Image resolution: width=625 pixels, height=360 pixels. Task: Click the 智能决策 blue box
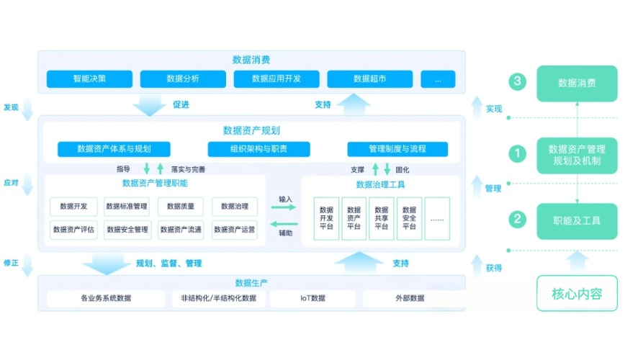[89, 78]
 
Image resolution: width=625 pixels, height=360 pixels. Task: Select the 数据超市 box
[370, 78]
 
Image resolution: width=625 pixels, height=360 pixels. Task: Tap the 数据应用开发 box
[276, 78]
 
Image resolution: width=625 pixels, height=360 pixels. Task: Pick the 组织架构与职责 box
[258, 149]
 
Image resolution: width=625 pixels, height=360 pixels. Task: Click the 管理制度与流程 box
[397, 149]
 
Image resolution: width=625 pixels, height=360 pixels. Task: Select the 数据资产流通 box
[180, 230]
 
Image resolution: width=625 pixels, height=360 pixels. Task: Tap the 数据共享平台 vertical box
[381, 218]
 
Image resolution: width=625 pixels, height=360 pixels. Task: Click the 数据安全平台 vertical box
[409, 218]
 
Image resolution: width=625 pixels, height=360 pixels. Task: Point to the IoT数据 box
[312, 298]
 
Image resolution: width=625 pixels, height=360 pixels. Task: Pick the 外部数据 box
[408, 298]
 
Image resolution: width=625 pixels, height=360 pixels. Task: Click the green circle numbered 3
[516, 82]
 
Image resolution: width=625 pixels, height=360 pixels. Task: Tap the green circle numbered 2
[516, 218]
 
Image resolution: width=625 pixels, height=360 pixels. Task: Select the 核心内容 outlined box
[576, 293]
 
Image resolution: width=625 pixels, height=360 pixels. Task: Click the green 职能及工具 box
[576, 221]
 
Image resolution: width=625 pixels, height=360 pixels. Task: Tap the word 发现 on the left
[11, 107]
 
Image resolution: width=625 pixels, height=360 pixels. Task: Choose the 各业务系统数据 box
[106, 298]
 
